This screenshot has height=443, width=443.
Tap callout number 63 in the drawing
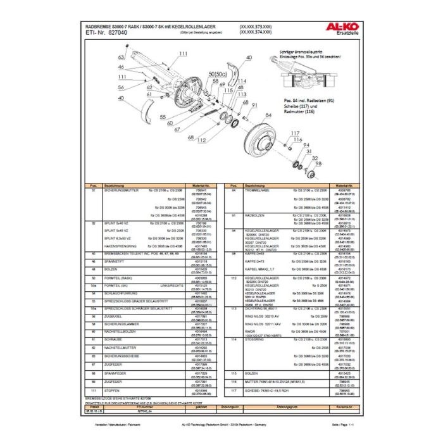coord(120,57)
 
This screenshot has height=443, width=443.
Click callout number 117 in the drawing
coord(294,132)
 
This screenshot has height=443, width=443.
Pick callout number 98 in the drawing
coord(318,164)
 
